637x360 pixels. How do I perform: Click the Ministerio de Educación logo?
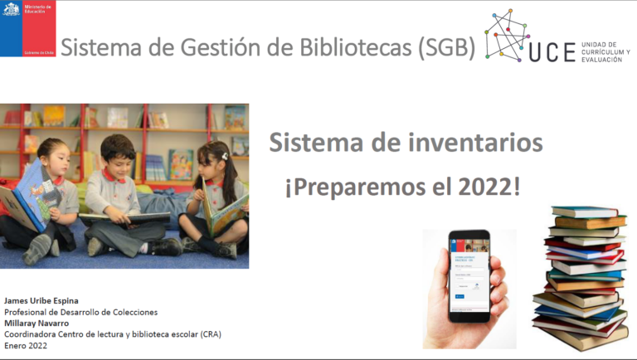(27, 29)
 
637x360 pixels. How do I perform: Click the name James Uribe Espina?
(42, 299)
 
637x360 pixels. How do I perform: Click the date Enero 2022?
(27, 346)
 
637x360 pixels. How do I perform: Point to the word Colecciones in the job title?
(130, 311)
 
